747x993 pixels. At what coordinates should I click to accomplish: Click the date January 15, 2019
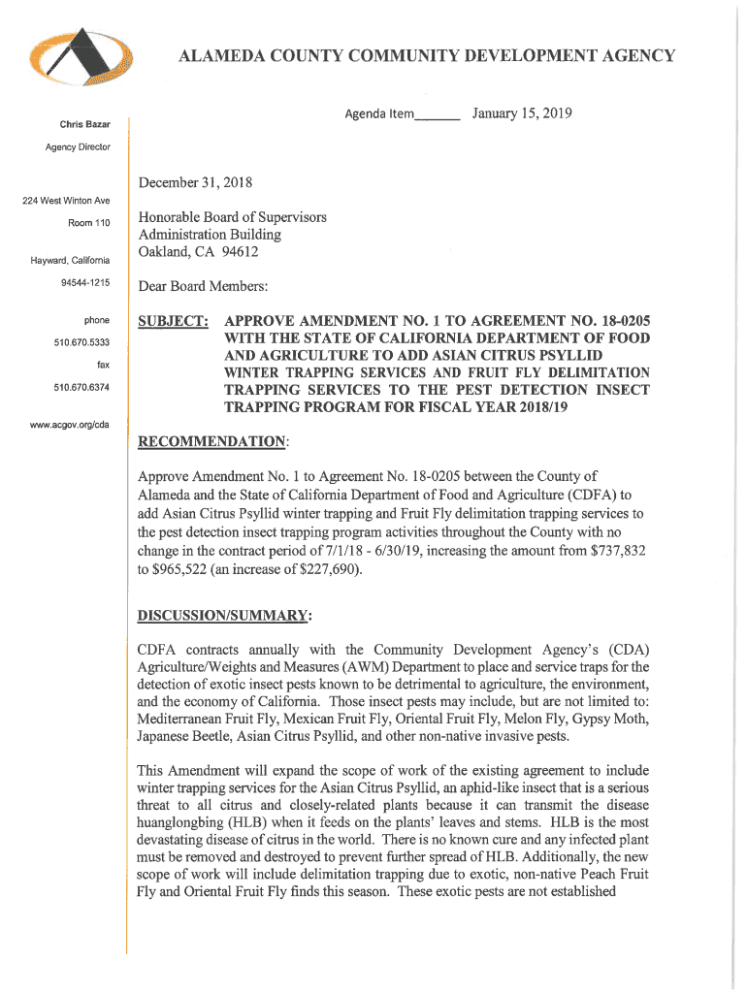[x=522, y=114]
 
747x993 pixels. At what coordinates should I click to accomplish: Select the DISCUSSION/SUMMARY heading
[x=224, y=616]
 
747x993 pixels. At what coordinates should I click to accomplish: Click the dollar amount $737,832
[x=612, y=550]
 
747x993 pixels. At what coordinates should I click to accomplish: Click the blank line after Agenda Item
[x=437, y=116]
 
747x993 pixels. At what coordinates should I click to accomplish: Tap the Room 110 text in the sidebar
[x=89, y=223]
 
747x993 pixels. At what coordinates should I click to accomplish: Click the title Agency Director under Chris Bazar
[x=78, y=146]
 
